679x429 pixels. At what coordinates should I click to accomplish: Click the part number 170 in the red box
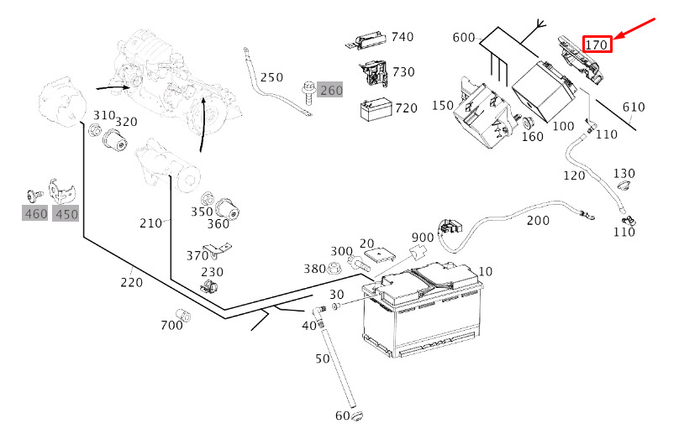[x=597, y=44]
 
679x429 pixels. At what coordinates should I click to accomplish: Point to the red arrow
[x=634, y=29]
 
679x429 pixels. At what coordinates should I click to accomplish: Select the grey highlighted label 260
[x=330, y=90]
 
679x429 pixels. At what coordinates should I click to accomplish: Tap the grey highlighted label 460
[x=35, y=213]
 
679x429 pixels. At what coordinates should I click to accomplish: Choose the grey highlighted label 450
[x=66, y=213]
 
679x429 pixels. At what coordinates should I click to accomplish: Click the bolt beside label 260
[x=308, y=92]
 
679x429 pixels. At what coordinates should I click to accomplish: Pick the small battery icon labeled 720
[x=376, y=110]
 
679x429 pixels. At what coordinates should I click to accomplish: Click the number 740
[x=403, y=37]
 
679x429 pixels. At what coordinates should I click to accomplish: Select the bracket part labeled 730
[x=374, y=73]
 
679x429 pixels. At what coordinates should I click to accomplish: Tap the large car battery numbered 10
[x=423, y=309]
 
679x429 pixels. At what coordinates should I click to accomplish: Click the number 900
[x=423, y=238]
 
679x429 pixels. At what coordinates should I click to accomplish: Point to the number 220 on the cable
[x=132, y=282]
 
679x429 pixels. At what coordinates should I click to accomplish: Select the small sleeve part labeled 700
[x=183, y=316]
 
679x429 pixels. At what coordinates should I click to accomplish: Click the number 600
[x=464, y=38]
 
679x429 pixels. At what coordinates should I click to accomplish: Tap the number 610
[x=634, y=107]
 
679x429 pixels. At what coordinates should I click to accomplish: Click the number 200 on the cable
[x=538, y=221]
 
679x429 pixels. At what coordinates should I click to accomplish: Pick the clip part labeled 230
[x=209, y=285]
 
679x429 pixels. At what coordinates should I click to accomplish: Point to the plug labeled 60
[x=357, y=416]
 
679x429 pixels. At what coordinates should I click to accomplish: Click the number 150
[x=443, y=106]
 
